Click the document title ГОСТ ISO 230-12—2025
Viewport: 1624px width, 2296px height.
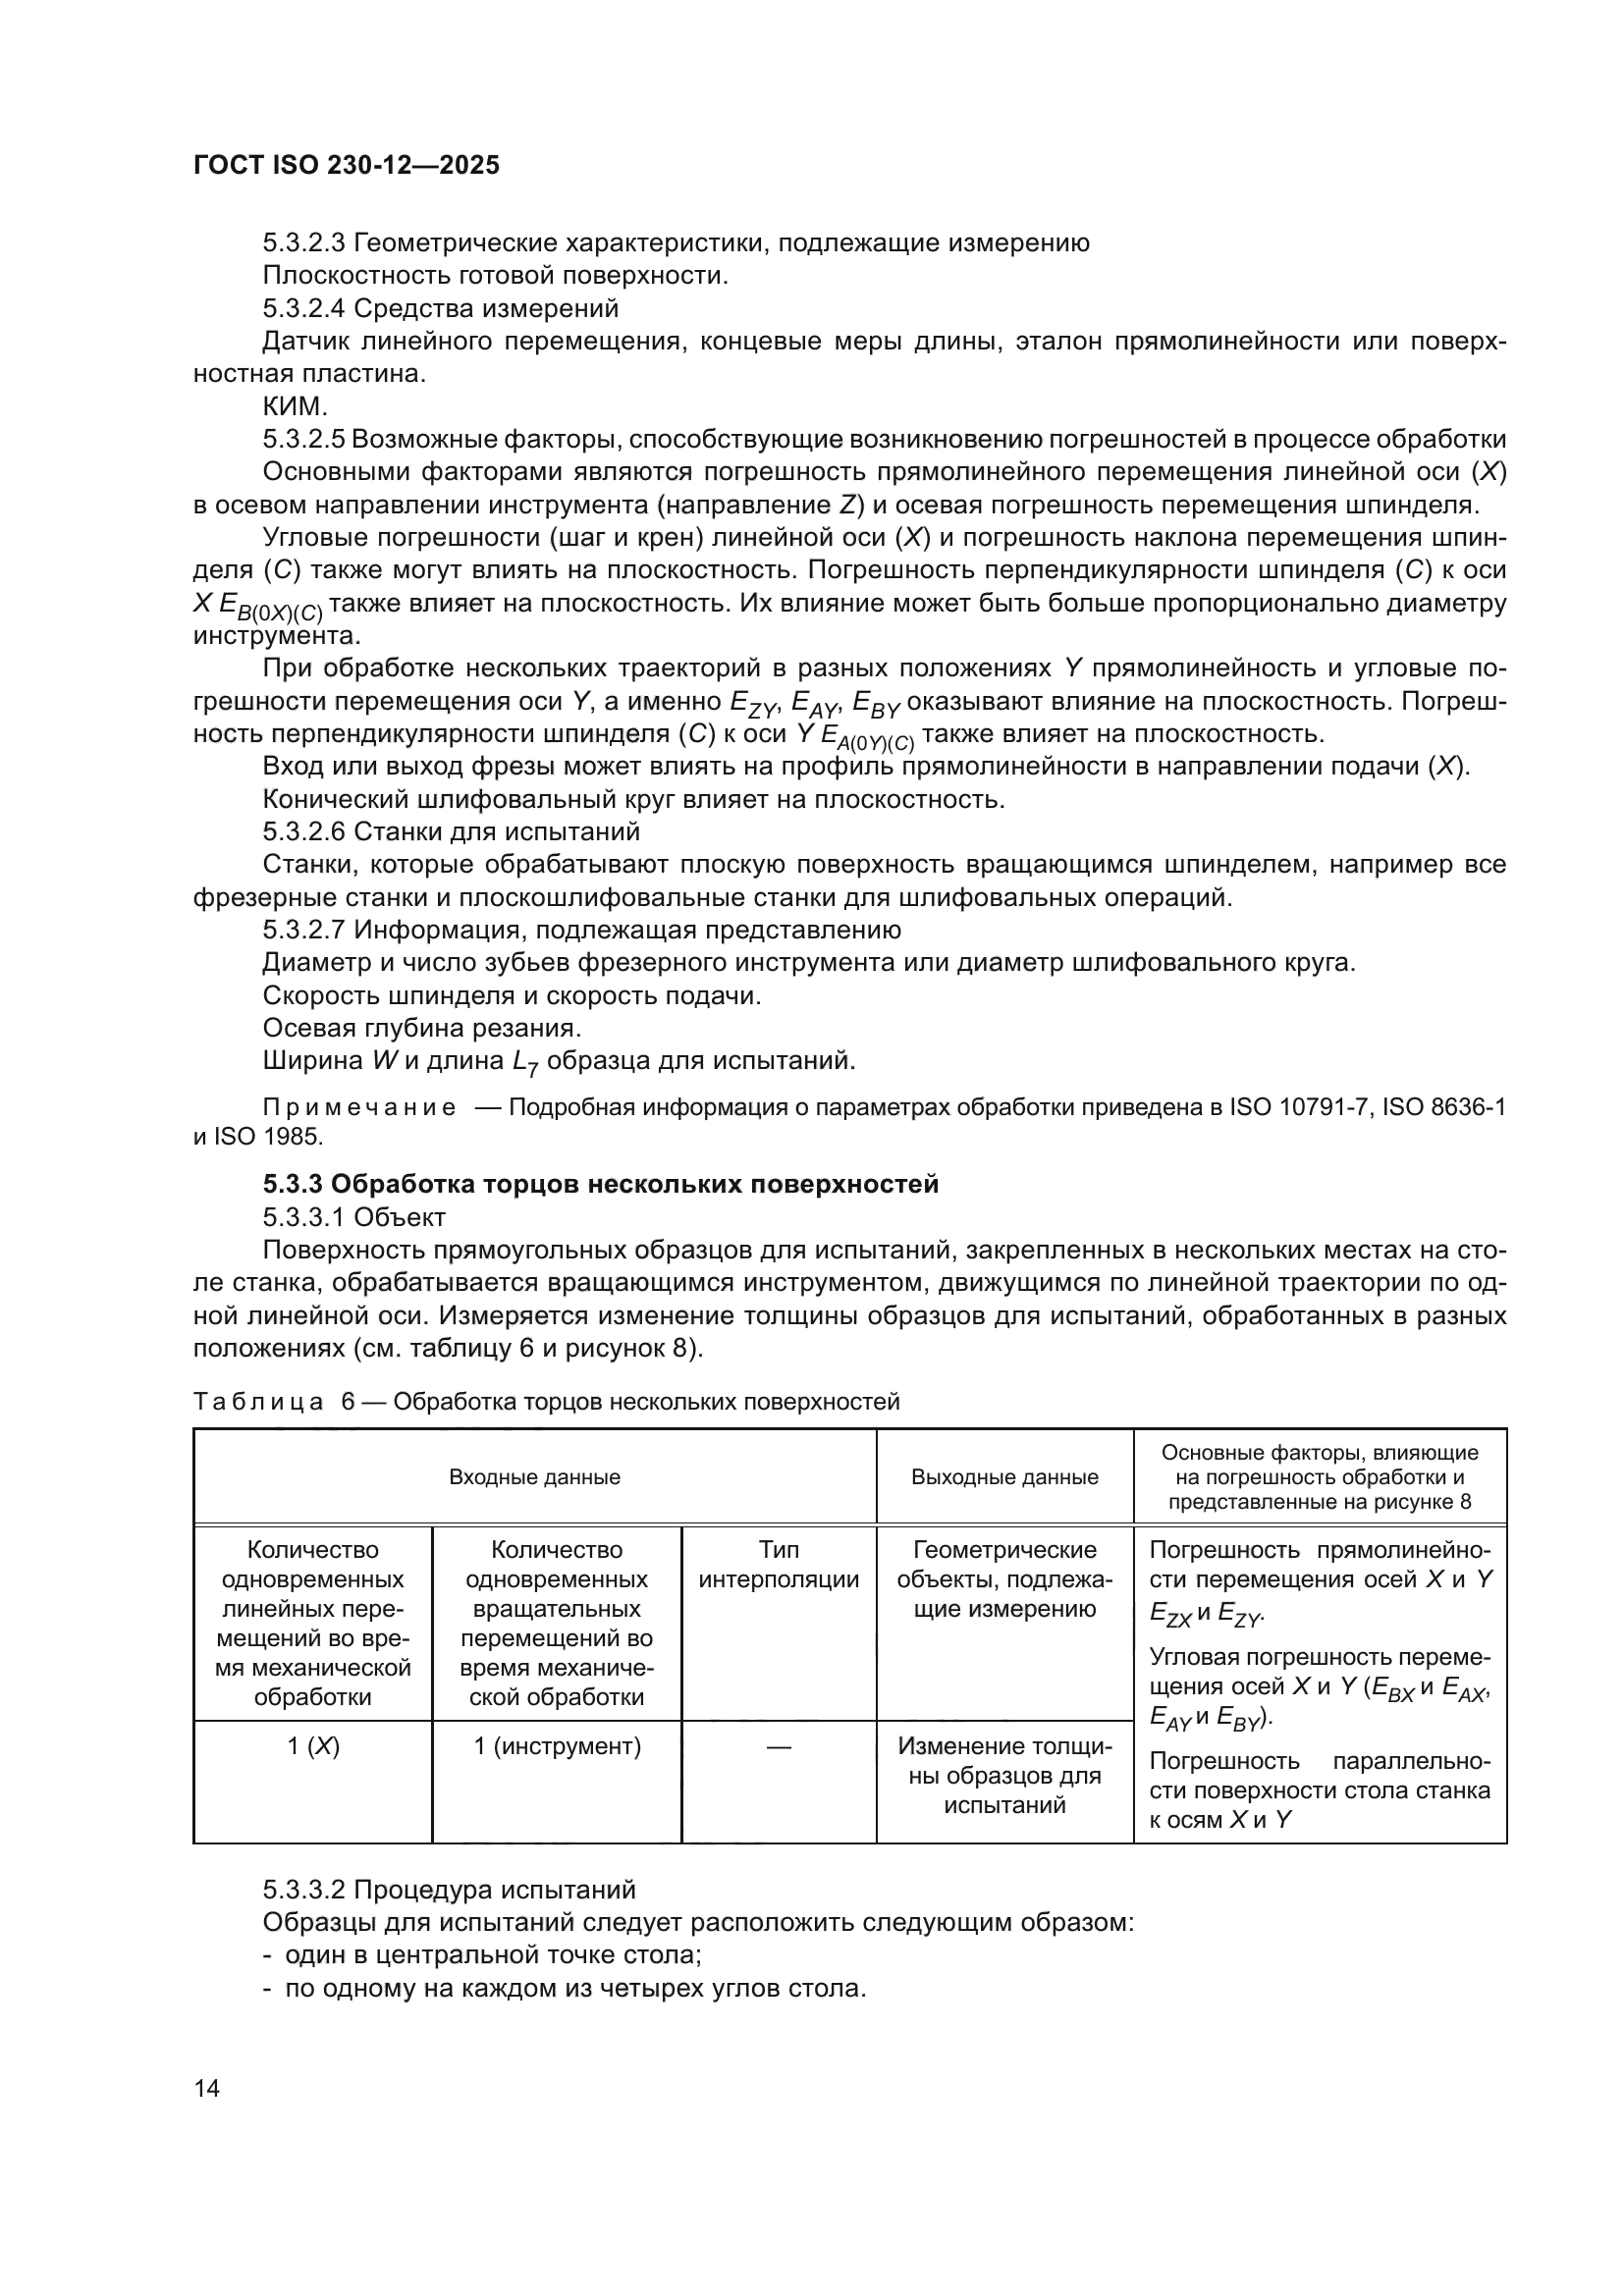[346, 165]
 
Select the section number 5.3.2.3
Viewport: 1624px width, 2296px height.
[304, 243]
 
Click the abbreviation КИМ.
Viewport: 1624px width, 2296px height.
[295, 407]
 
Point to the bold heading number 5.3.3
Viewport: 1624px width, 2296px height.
[292, 1184]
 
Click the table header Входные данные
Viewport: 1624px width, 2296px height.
[534, 1477]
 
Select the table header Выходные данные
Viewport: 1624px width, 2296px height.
[1004, 1477]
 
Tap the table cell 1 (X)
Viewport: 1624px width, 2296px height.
[313, 1746]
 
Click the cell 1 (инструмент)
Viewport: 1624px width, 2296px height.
[557, 1746]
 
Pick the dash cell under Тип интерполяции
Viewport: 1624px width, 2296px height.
[778, 1746]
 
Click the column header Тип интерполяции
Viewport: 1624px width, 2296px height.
[778, 1565]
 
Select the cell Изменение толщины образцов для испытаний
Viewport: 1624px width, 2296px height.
[1004, 1775]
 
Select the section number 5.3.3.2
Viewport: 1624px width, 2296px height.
[304, 1890]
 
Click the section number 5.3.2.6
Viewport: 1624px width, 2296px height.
[304, 832]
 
